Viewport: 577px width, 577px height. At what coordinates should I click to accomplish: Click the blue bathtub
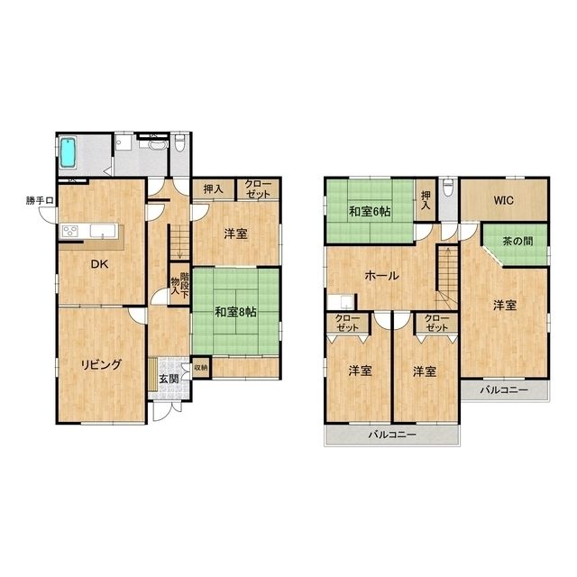point(68,152)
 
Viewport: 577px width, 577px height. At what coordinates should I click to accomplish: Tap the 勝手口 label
point(40,200)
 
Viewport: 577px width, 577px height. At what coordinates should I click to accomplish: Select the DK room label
point(99,264)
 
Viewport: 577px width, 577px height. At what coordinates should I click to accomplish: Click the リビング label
point(101,364)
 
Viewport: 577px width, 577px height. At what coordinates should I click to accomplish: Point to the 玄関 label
point(169,379)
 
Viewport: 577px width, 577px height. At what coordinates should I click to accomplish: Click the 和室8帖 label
point(236,312)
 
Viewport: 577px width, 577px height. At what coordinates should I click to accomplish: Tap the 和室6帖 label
point(370,212)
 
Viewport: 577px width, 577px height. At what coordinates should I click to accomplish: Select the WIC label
point(503,200)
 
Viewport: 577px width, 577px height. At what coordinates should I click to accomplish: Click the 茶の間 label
point(517,241)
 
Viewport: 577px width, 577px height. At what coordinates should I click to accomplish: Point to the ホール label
point(381,275)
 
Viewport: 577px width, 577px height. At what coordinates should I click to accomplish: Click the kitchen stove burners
point(70,231)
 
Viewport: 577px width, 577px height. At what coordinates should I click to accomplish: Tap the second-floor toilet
point(448,188)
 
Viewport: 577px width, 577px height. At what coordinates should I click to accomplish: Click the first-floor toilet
point(180,143)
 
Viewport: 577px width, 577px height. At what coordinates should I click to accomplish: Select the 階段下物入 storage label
point(180,284)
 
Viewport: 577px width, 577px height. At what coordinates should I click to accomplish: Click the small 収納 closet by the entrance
point(201,367)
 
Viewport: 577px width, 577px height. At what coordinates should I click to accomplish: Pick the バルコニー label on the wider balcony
point(393,435)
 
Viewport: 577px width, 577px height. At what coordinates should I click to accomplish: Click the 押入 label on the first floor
point(213,189)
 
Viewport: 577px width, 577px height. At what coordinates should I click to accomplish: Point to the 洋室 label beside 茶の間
point(505,305)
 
